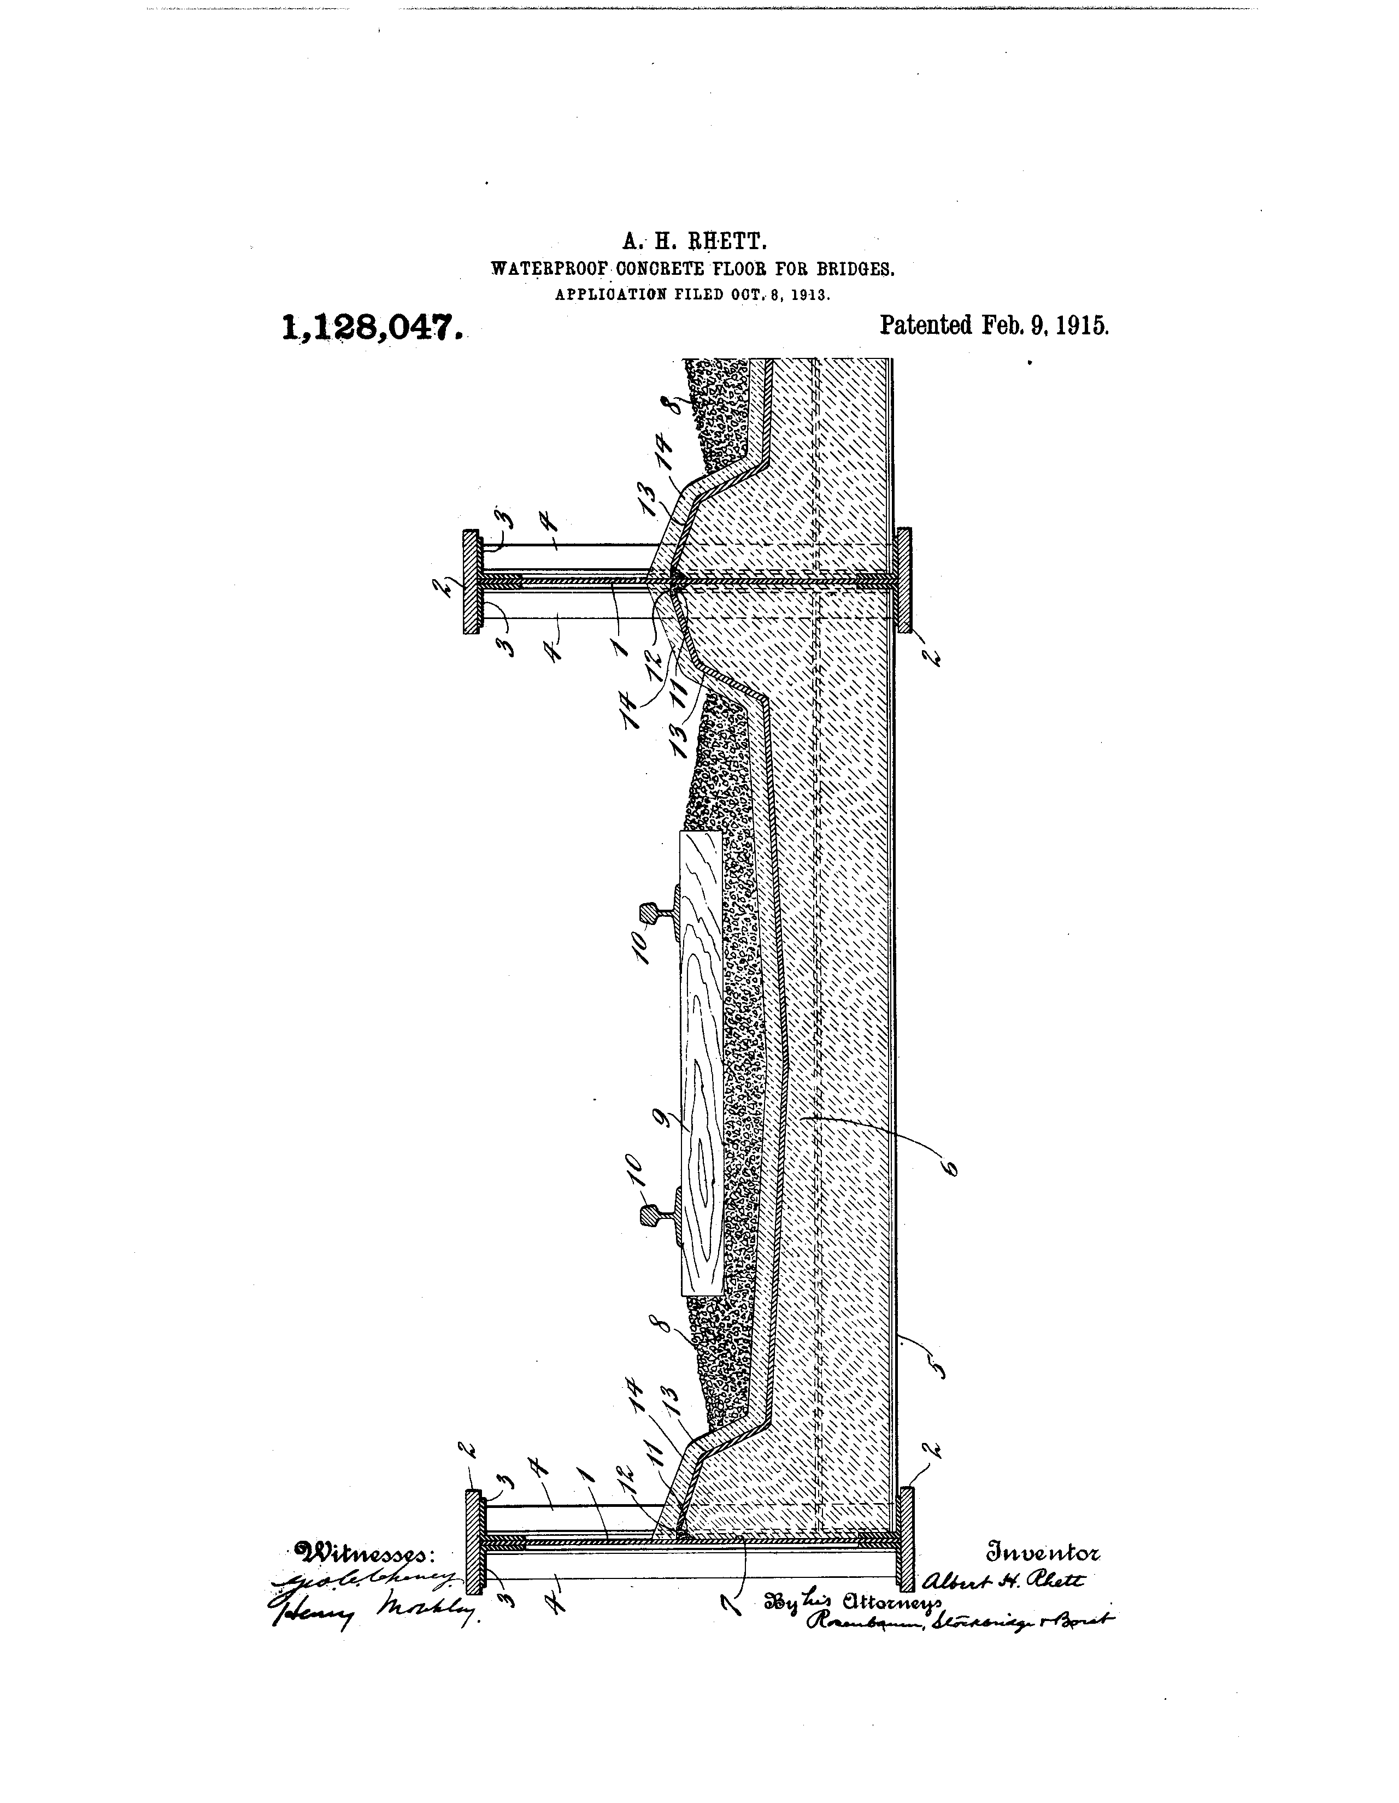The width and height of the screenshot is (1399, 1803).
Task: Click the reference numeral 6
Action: click(952, 1168)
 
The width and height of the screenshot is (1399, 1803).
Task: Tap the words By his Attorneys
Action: click(854, 1601)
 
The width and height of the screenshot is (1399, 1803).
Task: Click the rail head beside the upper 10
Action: click(648, 913)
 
